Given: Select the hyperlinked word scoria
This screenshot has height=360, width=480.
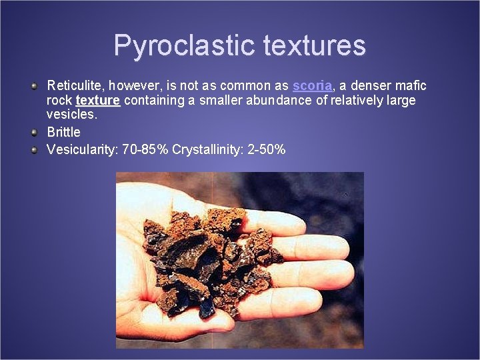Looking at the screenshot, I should point(312,86).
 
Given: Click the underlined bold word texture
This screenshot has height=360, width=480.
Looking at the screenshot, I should point(98,101).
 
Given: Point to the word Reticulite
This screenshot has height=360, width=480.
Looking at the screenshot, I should point(75,86).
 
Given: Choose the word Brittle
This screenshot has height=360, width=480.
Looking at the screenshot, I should point(63,132).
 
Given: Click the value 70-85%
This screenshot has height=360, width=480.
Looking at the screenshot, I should point(145,149).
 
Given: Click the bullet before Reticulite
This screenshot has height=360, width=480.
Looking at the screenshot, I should point(34,86).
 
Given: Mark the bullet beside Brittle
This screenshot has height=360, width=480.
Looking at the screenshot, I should point(34,132).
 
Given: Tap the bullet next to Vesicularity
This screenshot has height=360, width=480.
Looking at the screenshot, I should point(34,149).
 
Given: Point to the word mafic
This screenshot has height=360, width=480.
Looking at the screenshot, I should point(412,86).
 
